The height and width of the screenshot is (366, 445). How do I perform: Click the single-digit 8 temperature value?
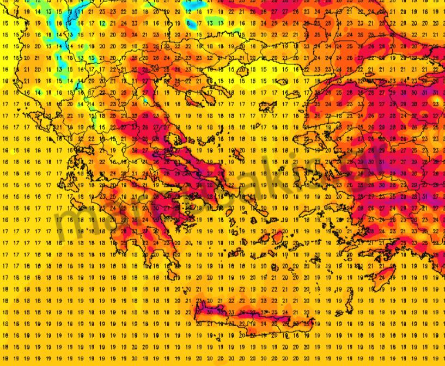189,23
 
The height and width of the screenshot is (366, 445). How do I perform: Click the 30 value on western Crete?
210,313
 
